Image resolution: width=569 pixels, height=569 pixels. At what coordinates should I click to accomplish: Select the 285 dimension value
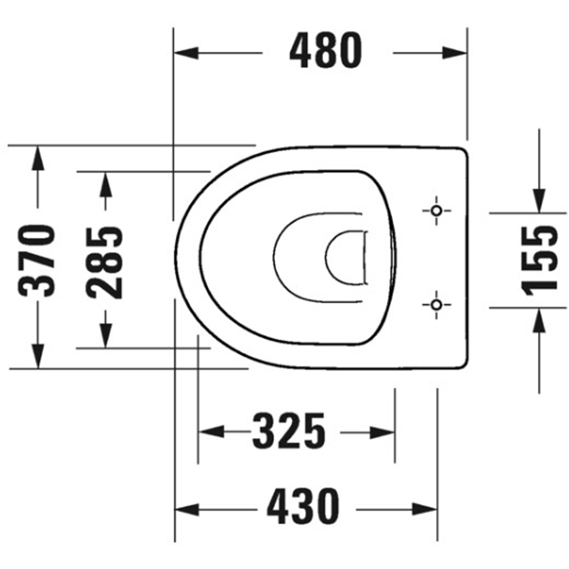105,262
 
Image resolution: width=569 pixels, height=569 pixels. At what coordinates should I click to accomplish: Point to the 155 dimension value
538,260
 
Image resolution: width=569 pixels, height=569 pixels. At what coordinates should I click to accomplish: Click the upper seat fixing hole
436,211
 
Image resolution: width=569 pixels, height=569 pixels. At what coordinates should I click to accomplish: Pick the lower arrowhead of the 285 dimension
105,335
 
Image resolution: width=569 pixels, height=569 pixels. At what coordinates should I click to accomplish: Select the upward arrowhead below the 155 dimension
539,320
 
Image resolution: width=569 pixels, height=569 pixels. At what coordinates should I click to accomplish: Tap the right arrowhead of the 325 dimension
382,432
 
